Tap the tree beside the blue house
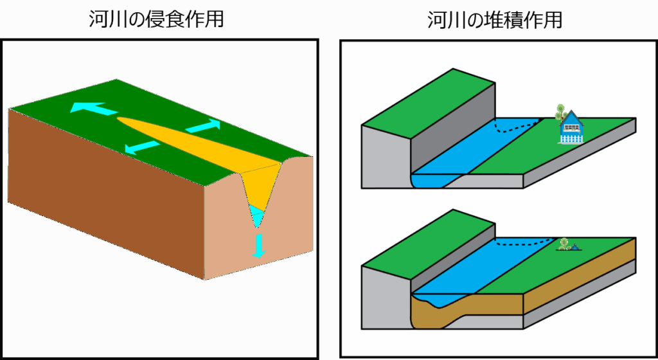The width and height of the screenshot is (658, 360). click(560, 112)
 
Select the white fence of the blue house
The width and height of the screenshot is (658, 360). click(571, 138)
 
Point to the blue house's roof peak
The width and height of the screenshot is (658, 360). click(571, 112)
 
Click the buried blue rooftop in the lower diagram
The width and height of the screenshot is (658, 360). click(576, 246)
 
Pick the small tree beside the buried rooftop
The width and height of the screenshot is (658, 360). click(564, 243)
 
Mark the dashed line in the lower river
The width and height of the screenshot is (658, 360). click(527, 244)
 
